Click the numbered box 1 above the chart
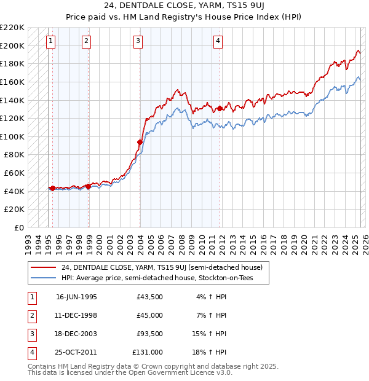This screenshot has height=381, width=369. (x=50, y=41)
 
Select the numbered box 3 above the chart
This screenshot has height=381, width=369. (x=138, y=41)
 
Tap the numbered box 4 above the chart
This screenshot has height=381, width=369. (x=218, y=41)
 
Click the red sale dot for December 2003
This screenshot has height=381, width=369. (x=140, y=143)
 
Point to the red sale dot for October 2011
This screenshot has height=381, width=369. (x=220, y=108)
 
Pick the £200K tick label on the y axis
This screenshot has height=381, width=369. (x=13, y=45)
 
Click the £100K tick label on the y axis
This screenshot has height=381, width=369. (x=13, y=136)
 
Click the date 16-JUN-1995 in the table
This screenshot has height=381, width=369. (x=76, y=297)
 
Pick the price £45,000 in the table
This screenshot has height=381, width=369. (x=149, y=315)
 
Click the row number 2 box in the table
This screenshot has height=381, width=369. (x=31, y=315)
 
